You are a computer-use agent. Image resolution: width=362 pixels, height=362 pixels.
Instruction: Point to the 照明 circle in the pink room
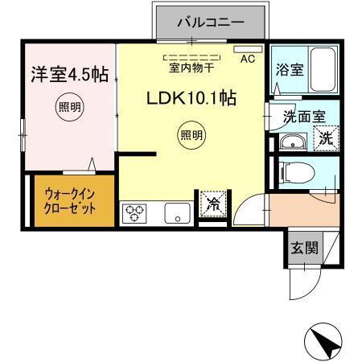pyautogui.click(x=68, y=107)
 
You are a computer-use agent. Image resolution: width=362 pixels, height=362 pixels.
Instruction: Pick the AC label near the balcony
pyautogui.click(x=247, y=59)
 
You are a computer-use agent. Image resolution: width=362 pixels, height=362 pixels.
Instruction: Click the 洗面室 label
pyautogui.click(x=304, y=115)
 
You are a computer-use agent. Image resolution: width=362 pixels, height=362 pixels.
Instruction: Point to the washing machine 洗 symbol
pyautogui.click(x=326, y=139)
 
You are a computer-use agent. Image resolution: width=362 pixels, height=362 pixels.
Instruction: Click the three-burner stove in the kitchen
pyautogui.click(x=135, y=213)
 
